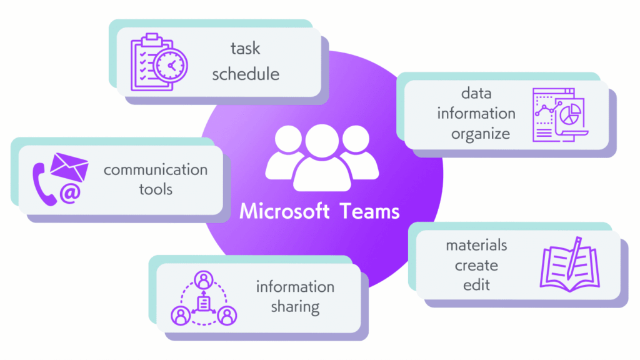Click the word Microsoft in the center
pos(284,211)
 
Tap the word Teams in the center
pos(370,211)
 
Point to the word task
pos(245,49)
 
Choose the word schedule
pos(245,74)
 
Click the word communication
pos(156,169)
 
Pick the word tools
pos(156,188)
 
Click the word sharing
pos(295,306)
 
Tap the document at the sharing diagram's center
pos(203,303)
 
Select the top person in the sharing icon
pos(203,279)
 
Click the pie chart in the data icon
pos(569,114)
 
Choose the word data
pos(476,94)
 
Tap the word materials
pos(476,244)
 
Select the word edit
pos(476,285)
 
